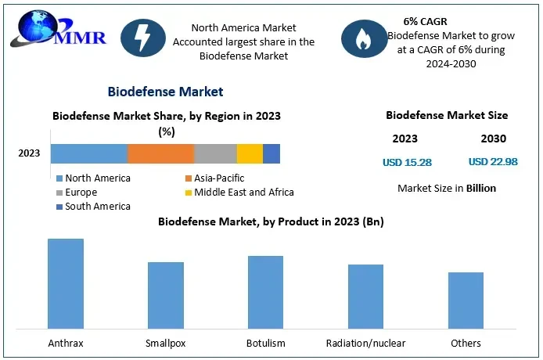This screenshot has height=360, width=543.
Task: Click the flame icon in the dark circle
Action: [363, 38]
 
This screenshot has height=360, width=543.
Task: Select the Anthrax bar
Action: [66, 283]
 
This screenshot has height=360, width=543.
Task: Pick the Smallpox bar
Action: [166, 294]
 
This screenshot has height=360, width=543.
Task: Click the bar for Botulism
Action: [266, 291]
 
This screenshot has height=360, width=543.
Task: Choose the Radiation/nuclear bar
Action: [365, 296]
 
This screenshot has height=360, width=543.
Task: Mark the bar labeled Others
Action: [466, 300]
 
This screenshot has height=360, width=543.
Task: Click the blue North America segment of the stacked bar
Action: [89, 153]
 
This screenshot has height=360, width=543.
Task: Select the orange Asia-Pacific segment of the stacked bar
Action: [160, 153]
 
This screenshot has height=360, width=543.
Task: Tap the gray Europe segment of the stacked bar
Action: [215, 153]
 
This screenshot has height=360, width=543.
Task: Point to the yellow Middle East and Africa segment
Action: [250, 153]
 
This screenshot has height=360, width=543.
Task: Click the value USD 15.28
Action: [407, 163]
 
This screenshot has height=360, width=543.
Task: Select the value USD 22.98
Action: [493, 162]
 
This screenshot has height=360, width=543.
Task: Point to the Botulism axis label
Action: [265, 343]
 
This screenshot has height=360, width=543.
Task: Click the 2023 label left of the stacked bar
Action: [29, 153]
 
